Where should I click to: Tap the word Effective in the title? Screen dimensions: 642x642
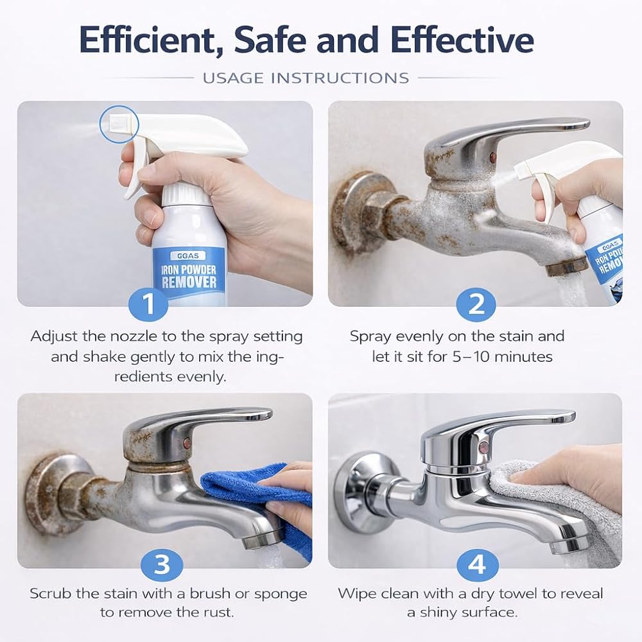click(462, 39)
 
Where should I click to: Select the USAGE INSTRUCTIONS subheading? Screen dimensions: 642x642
click(306, 78)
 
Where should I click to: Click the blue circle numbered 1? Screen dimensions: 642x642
click(148, 304)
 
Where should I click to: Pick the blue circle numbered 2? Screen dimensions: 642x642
click(476, 304)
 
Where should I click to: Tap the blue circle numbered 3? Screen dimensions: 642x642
click(162, 564)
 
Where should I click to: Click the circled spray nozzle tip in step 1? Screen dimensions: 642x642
click(119, 124)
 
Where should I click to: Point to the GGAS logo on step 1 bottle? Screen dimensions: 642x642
click(189, 256)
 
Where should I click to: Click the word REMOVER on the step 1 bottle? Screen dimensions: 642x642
click(189, 282)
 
